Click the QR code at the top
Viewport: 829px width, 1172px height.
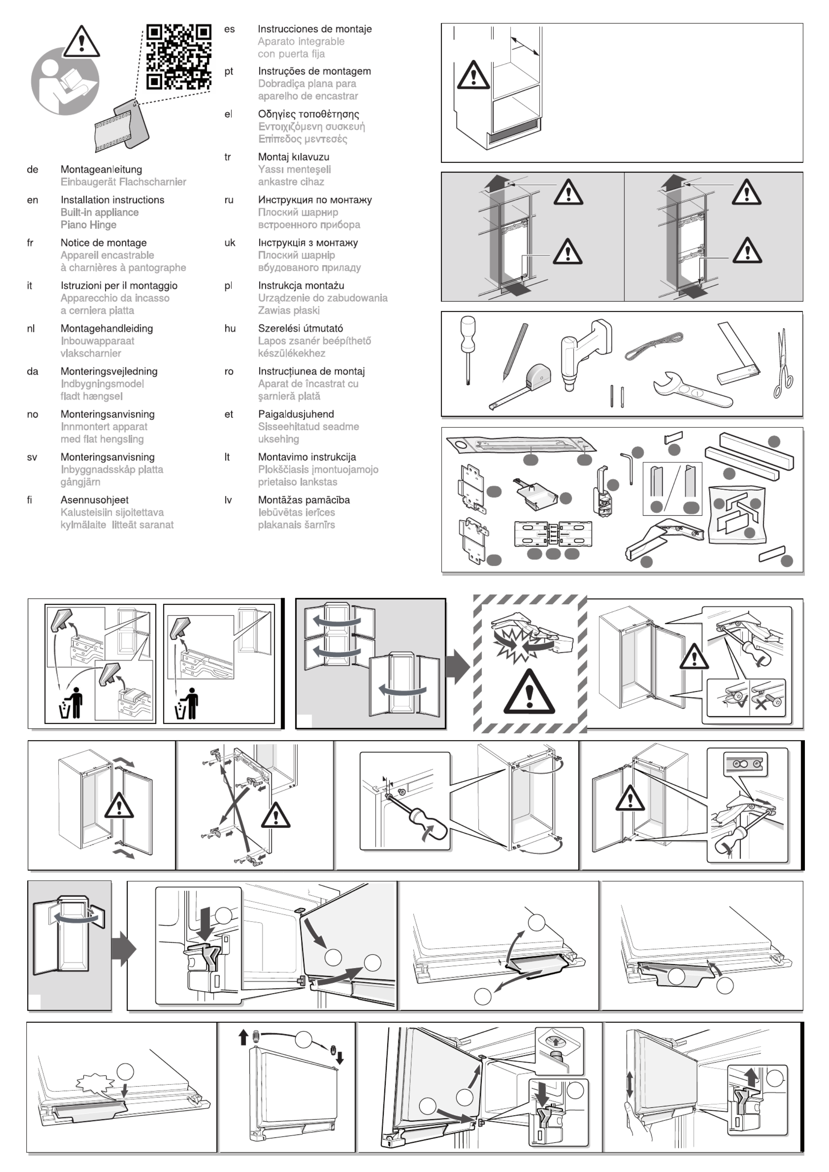click(x=178, y=57)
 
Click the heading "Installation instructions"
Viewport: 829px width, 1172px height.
click(x=112, y=200)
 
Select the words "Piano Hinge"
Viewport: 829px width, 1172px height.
click(x=88, y=225)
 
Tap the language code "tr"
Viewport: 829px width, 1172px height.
click(x=228, y=157)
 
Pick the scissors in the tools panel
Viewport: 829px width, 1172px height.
click(x=783, y=364)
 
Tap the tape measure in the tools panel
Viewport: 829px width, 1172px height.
click(x=526, y=384)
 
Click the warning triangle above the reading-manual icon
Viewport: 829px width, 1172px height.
click(x=81, y=42)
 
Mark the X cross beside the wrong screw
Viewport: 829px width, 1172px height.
click(x=761, y=704)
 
